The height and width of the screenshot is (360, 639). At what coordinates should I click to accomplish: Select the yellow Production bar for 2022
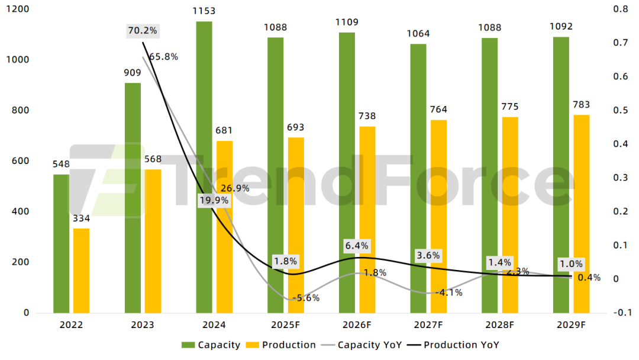coord(82,270)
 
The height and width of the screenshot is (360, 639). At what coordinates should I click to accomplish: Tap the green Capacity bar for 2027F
coord(418,178)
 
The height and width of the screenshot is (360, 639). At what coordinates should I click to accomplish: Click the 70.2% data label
coord(143,31)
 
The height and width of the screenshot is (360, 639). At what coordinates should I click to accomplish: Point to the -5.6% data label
coord(306,298)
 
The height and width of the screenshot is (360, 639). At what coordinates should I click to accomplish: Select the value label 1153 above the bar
coord(204,11)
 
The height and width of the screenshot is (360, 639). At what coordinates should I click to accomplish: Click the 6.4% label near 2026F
coord(357,245)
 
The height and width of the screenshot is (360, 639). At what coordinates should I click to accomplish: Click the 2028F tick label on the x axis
coord(499,325)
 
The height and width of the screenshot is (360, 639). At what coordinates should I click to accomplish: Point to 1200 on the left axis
coord(18,9)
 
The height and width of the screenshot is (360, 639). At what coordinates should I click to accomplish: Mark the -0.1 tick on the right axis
coord(621,313)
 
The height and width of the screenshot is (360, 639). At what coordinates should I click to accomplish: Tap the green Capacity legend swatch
coord(188,345)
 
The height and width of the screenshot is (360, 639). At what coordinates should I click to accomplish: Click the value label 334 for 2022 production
coord(81,219)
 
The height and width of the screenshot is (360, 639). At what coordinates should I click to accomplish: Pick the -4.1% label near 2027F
coord(448,292)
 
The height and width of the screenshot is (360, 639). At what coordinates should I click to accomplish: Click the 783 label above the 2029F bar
coord(582,105)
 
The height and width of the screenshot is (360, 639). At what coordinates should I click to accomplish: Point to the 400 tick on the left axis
coord(21,211)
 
